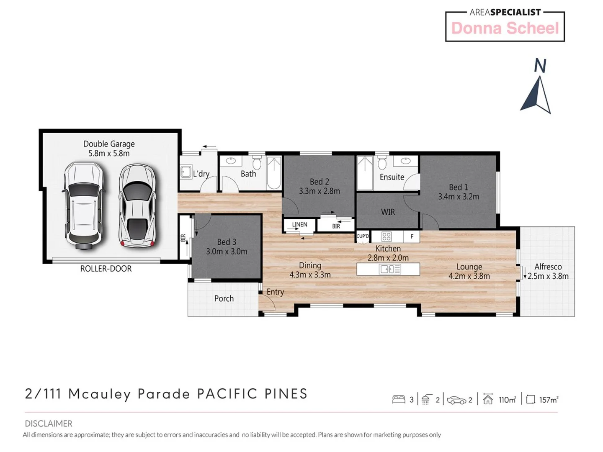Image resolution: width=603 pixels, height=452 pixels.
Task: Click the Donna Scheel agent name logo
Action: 505,28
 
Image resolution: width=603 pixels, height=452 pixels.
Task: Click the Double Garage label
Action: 109,144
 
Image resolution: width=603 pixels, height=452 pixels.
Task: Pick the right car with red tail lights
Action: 137,205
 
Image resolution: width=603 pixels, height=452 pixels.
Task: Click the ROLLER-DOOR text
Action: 106,269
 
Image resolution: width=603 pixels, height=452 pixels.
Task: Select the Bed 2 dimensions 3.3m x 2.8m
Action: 319,191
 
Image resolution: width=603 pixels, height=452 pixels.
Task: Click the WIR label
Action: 388,212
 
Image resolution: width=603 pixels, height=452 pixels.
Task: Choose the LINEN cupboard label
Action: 299,225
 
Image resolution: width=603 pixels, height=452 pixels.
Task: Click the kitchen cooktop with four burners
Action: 387,236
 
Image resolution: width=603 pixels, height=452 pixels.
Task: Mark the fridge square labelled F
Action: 412,236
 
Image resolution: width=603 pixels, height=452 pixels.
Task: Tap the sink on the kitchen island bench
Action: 389,269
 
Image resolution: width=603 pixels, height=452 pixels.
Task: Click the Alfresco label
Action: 548,267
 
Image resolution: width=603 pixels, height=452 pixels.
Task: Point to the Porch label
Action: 224,298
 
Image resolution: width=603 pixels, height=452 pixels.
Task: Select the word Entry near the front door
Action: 275,292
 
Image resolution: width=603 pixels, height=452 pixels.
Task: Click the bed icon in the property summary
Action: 399,400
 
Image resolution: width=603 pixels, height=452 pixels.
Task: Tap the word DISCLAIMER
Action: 49,424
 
